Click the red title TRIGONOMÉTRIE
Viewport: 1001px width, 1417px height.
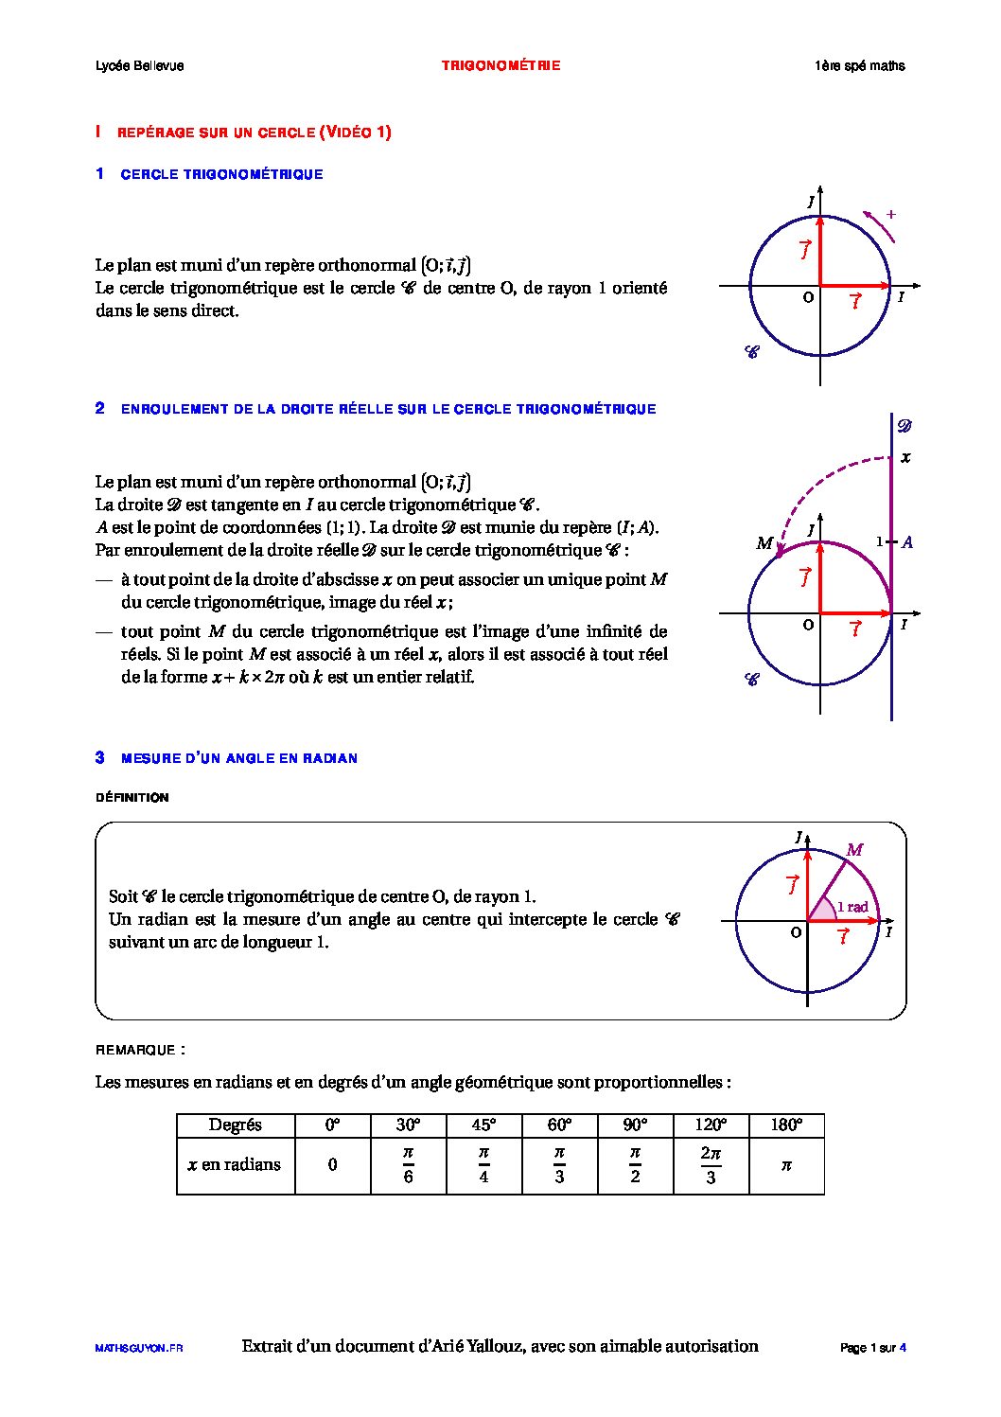point(500,65)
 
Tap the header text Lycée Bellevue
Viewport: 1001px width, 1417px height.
point(139,65)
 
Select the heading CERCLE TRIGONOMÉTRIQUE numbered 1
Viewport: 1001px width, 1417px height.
point(221,174)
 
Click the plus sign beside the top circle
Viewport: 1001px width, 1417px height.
point(890,215)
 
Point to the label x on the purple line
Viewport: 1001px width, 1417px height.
point(905,458)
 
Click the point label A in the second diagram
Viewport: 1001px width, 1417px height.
point(907,542)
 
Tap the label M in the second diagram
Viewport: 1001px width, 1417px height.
point(764,543)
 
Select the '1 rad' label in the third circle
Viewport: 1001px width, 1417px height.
point(852,907)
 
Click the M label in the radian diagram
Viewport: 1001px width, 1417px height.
point(854,850)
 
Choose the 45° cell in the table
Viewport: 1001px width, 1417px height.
point(483,1125)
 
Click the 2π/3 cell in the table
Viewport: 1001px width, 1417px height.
point(711,1165)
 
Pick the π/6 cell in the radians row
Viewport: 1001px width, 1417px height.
point(408,1165)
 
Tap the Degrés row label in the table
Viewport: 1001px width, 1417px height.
point(235,1125)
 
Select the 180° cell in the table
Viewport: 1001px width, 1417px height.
point(785,1125)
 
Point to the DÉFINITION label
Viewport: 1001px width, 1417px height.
point(132,798)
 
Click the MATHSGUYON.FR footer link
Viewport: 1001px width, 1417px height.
point(139,1348)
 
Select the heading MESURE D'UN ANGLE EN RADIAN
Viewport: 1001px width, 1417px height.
point(238,758)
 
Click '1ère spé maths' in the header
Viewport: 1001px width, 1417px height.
point(859,65)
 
